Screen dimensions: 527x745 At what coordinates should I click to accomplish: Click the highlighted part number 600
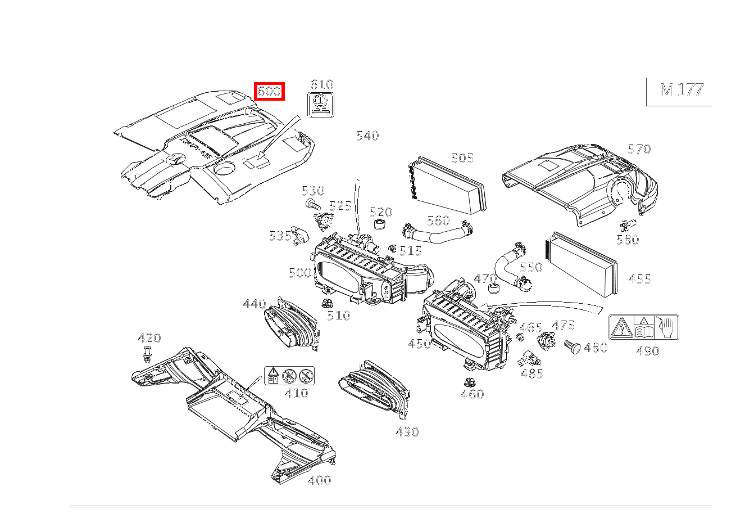(269, 91)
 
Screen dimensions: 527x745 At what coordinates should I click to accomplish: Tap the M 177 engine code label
(681, 90)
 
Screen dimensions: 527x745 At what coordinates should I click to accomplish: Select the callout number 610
(322, 84)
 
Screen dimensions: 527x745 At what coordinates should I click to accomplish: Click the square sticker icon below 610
(321, 105)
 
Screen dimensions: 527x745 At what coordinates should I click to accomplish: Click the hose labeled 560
(438, 232)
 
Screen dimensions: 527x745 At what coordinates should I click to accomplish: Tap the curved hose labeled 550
(509, 269)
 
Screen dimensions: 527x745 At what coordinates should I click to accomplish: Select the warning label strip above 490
(644, 327)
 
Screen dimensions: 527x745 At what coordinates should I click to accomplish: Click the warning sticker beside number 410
(289, 375)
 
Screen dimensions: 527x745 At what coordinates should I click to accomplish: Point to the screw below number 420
(147, 354)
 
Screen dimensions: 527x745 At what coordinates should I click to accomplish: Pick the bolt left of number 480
(572, 346)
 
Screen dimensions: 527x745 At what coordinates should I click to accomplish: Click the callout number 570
(639, 149)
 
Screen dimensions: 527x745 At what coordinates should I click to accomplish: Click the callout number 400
(319, 480)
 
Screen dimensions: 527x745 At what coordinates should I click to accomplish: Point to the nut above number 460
(467, 382)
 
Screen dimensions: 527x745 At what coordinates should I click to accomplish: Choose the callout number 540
(367, 136)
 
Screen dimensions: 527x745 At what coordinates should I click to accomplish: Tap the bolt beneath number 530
(311, 204)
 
